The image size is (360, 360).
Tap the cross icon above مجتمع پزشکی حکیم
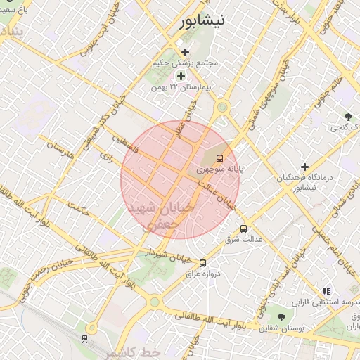185,53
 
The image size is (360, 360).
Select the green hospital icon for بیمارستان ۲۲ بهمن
181,76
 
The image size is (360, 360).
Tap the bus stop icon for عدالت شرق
244,229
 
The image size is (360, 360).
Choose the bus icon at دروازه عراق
203,263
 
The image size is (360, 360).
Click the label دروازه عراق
207,274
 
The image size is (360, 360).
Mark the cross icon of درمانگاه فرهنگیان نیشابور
304,167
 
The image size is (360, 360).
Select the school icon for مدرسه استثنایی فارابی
326,290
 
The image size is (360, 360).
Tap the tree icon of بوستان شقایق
281,318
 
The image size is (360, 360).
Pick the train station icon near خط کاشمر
84,339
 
